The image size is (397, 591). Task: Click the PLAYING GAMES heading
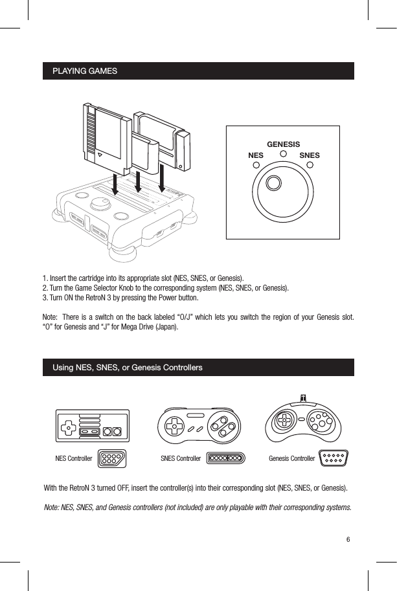(84, 70)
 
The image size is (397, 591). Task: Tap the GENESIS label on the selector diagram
(283, 144)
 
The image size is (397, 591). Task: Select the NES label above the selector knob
(256, 156)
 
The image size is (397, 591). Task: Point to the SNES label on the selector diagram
(310, 156)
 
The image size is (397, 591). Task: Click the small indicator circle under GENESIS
(283, 154)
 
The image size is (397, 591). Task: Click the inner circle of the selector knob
(275, 183)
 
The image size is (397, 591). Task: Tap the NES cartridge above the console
(106, 133)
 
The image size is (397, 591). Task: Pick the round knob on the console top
(100, 205)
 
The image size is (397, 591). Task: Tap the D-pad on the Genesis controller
(284, 420)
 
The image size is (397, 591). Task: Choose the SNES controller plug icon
(225, 458)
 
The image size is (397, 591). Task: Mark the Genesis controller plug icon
(334, 458)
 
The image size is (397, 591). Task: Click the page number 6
(348, 539)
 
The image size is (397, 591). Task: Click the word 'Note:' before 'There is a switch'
(50, 316)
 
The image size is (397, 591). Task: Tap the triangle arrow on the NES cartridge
(100, 155)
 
